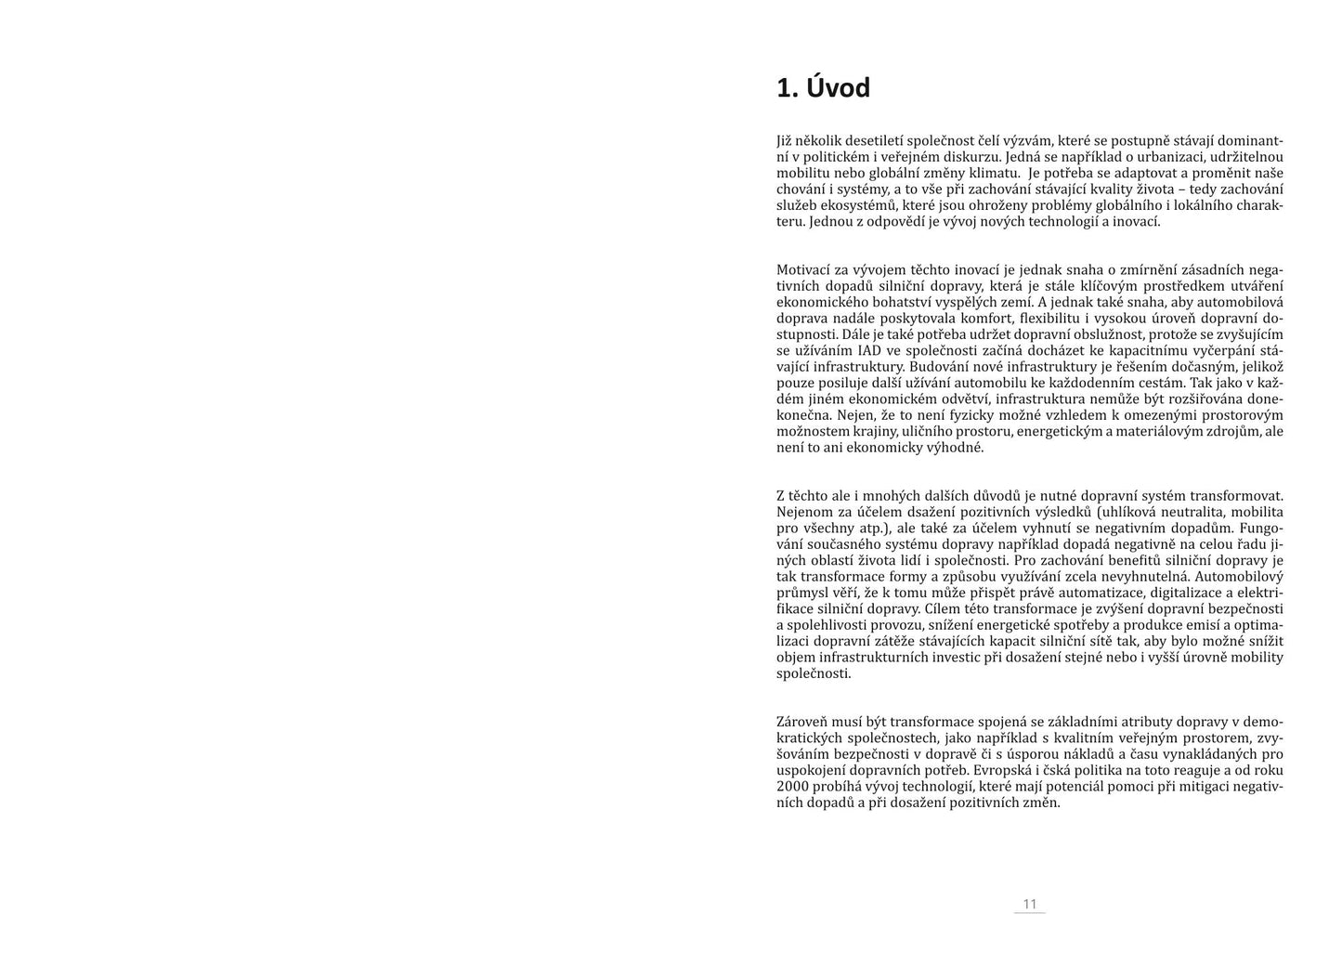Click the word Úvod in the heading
click(838, 88)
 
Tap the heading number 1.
click(787, 88)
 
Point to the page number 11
click(1029, 904)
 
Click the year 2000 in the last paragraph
click(792, 786)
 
